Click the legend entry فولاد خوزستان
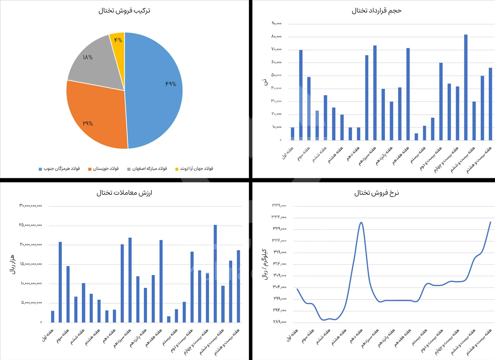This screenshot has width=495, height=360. click(x=104, y=169)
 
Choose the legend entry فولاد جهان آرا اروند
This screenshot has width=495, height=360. click(x=194, y=169)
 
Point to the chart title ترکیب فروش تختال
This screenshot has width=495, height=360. click(x=124, y=11)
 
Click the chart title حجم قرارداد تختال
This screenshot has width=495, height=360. click(x=376, y=11)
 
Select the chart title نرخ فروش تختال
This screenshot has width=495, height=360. click(x=376, y=193)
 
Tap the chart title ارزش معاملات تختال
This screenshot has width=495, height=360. click(x=124, y=193)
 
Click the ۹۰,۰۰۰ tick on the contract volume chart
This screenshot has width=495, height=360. click(x=276, y=23)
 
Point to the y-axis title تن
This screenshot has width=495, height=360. click(x=265, y=82)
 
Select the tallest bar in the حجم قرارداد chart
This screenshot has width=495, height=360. click(x=466, y=87)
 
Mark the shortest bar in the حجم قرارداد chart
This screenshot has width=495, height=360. click(x=416, y=137)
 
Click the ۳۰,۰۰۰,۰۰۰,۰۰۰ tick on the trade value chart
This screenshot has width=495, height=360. click(x=31, y=206)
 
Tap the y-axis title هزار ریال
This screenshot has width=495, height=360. click(x=13, y=264)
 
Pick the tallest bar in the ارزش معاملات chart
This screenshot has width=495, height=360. click(x=215, y=274)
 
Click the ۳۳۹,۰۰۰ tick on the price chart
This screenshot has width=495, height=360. click(x=279, y=205)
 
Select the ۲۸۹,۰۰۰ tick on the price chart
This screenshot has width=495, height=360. click(x=279, y=322)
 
